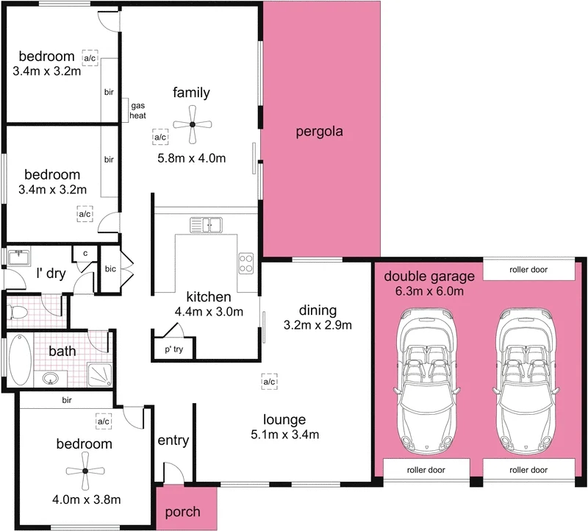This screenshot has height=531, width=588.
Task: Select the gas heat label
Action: (x=137, y=110)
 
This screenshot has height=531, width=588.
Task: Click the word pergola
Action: (x=320, y=132)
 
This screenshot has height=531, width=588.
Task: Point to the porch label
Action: (x=181, y=512)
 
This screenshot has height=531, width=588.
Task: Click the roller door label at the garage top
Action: (x=528, y=270)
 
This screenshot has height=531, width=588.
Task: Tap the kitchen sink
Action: (x=207, y=224)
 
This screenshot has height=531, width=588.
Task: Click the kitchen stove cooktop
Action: (x=245, y=263)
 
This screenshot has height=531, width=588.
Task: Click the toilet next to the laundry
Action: (x=18, y=312)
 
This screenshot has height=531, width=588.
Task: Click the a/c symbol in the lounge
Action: (x=269, y=382)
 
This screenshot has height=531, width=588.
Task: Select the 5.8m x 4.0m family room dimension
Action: (x=191, y=158)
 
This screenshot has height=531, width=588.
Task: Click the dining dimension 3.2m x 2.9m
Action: (x=318, y=324)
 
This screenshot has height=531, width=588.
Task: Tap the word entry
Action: (x=173, y=441)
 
